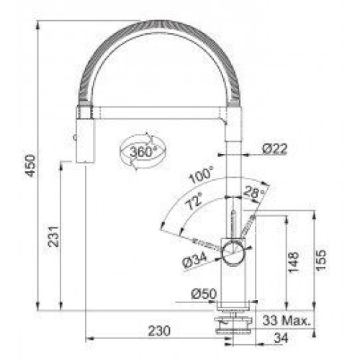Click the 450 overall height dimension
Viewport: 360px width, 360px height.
[x=31, y=166]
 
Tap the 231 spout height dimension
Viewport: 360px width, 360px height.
[x=53, y=236]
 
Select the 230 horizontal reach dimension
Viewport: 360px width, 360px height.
[x=159, y=330]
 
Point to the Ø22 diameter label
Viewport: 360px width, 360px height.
[x=274, y=149]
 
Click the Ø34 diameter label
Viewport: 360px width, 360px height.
[x=194, y=260]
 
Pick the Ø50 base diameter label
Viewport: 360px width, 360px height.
[x=204, y=293]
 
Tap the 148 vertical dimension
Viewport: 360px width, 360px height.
[x=294, y=262]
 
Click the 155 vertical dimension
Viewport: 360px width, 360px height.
[x=321, y=261]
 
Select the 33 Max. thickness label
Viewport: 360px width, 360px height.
[x=287, y=320]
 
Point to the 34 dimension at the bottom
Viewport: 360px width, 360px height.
[x=281, y=338]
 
